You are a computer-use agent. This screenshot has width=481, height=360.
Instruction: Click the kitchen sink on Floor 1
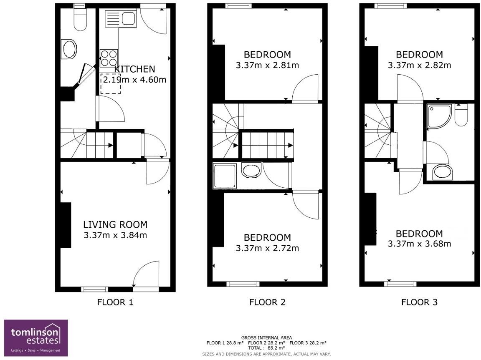pos(120,19)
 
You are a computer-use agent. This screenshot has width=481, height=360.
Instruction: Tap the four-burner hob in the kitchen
pos(109,58)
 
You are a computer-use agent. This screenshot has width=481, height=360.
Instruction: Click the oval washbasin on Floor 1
pos(69,49)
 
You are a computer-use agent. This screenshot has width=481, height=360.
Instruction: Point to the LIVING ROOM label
pos(115,225)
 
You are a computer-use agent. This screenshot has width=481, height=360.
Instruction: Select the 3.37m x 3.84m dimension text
pos(115,235)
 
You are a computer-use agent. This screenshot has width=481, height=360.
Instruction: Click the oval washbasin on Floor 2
pos(251,171)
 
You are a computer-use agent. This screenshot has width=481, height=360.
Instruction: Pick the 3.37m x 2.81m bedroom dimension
pos(267,65)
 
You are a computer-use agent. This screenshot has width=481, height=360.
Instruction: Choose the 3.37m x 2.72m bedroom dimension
pos(267,248)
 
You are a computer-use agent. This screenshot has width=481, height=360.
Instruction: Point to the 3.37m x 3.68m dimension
pos(419,244)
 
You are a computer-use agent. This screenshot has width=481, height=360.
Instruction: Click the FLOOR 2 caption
pos(267,302)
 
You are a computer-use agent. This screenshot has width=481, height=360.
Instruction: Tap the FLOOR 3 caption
pos(419,302)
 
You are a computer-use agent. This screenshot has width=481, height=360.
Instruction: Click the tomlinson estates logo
pos(35,338)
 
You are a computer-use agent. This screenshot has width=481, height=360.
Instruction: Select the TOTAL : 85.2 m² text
pos(266,347)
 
